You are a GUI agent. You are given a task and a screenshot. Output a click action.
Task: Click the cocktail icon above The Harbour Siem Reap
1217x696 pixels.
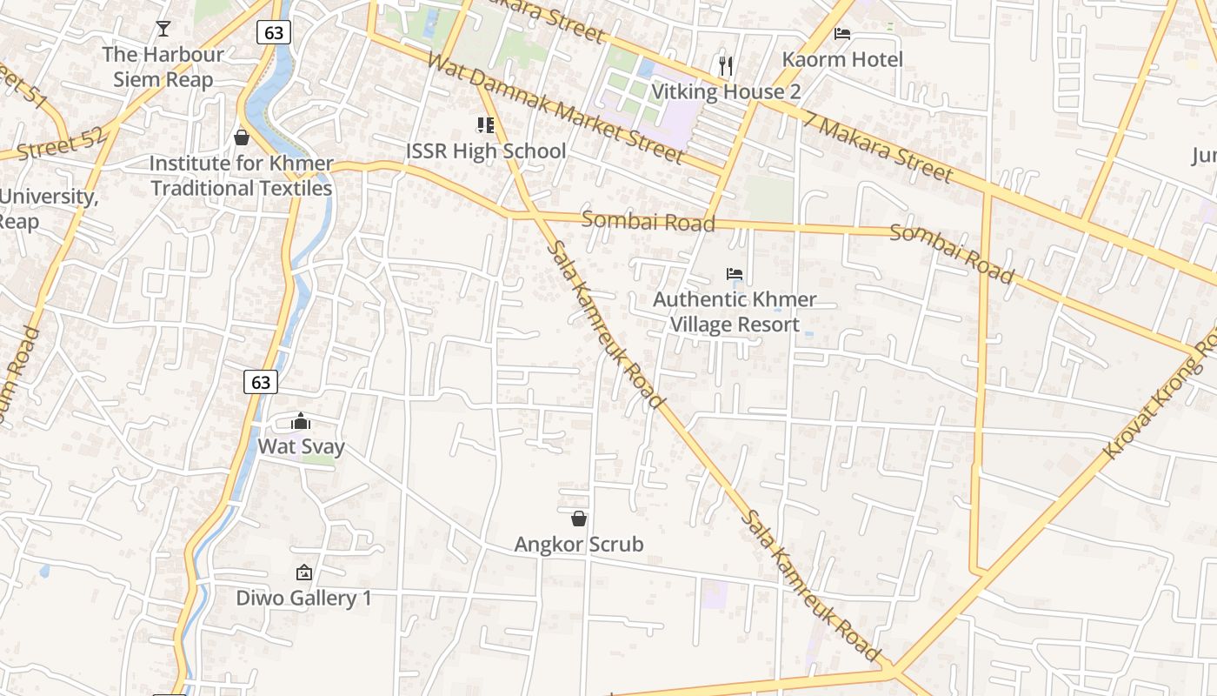pos(163,29)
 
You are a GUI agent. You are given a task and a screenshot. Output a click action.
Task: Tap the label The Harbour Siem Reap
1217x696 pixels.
pos(163,67)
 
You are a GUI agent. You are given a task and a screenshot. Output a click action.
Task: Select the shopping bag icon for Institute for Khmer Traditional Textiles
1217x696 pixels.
pos(242,137)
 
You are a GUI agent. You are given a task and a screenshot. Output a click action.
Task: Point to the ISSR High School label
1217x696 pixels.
pos(486,151)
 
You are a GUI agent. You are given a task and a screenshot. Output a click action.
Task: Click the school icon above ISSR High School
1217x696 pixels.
pos(485,125)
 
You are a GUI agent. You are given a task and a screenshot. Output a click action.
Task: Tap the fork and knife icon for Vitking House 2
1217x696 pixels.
pos(726,65)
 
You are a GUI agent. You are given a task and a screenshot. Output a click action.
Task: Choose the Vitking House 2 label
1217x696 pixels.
pos(726,91)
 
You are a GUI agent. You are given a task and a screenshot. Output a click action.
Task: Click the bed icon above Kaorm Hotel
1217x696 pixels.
pos(842,34)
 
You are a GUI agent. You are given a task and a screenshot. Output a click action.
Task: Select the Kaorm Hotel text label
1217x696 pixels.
pos(842,59)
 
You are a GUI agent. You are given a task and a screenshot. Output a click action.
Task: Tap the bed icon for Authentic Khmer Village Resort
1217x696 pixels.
pos(735,274)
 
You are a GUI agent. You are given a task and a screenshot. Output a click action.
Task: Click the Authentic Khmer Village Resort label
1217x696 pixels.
pos(735,311)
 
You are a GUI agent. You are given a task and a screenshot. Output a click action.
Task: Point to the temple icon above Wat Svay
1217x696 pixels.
pos(301,422)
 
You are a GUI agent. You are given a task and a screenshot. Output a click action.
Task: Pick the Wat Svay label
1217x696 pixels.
pos(301,447)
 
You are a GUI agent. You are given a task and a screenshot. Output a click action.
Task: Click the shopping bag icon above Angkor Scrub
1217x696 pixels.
pos(579,519)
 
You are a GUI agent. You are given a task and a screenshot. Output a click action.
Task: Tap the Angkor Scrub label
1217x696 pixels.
pos(579,545)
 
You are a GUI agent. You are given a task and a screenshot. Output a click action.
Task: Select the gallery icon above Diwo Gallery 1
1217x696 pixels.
pos(303,572)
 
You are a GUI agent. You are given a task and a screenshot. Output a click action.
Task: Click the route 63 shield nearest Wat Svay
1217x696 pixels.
pos(260,381)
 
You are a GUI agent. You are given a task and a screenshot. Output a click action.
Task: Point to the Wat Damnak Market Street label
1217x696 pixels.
pos(556,109)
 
